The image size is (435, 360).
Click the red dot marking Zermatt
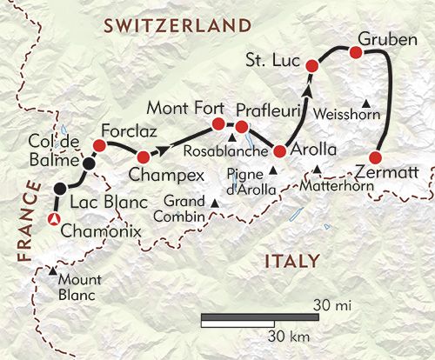[x=375, y=157]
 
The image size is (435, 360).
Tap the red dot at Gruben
[x=355, y=53]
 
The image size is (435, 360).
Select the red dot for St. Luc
[x=314, y=65]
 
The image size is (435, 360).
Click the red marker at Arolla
[x=280, y=150]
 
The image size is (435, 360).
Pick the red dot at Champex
[x=143, y=157]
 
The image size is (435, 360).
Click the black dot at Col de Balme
[x=88, y=162]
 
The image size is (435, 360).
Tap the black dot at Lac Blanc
[x=59, y=189]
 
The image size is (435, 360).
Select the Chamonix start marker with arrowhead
[x=54, y=220]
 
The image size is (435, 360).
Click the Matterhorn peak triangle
[x=318, y=169]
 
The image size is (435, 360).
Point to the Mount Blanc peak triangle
[x=54, y=273]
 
